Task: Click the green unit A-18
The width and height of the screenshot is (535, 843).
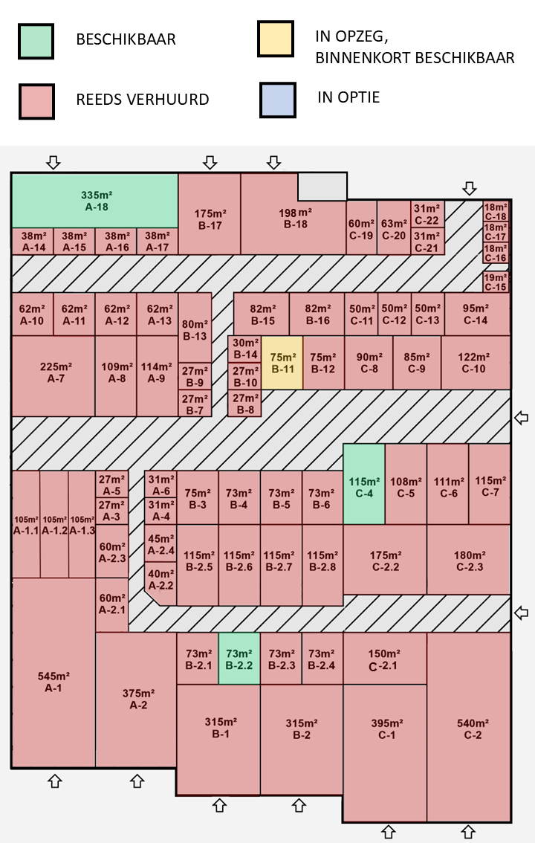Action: click(x=95, y=201)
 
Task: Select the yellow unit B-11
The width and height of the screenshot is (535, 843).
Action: click(x=282, y=363)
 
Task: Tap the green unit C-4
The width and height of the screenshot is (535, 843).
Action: click(x=364, y=484)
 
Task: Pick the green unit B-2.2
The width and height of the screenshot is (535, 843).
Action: click(x=239, y=659)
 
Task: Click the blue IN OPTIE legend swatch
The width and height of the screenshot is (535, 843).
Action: click(x=278, y=100)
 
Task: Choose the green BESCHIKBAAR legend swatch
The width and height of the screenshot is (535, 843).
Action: click(x=36, y=41)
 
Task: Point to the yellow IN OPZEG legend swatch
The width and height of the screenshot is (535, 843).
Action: click(x=276, y=39)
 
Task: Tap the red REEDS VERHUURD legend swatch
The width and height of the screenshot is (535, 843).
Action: click(x=36, y=101)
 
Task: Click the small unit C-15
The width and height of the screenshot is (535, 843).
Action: click(x=496, y=282)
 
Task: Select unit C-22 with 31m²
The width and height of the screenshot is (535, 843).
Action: click(x=427, y=215)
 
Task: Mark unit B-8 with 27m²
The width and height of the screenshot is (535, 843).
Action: click(x=245, y=403)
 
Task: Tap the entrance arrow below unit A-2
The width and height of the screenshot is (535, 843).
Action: click(x=137, y=781)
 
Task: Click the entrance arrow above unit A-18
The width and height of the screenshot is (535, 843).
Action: click(x=53, y=162)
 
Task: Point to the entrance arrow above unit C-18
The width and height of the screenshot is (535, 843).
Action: click(x=470, y=188)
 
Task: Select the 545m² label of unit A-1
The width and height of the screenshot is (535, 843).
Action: click(x=53, y=676)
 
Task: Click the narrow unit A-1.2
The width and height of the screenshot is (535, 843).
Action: click(x=54, y=524)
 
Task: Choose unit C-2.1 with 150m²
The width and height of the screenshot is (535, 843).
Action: click(x=385, y=659)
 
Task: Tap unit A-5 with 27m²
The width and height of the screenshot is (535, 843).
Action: click(x=111, y=485)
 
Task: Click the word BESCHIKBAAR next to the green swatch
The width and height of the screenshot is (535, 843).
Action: click(x=126, y=39)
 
